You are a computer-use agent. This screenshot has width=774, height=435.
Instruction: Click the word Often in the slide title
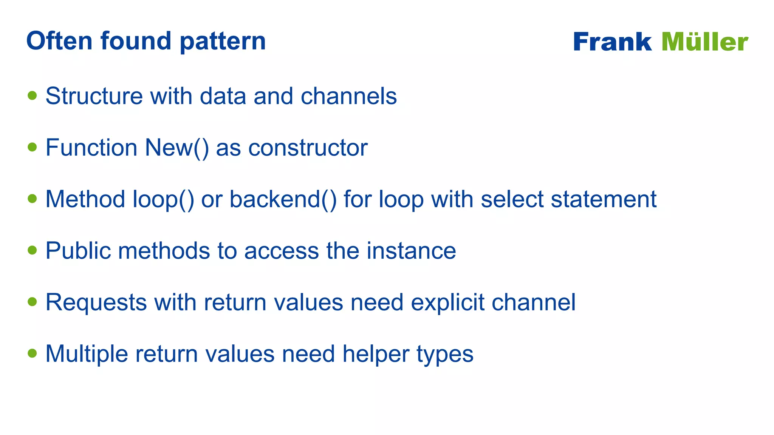pyautogui.click(x=59, y=41)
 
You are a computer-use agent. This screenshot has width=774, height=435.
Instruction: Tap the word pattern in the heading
pyautogui.click(x=223, y=42)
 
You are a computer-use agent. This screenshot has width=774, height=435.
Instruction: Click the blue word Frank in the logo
pyautogui.click(x=612, y=42)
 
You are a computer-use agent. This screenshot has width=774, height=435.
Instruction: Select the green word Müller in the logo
pyautogui.click(x=705, y=42)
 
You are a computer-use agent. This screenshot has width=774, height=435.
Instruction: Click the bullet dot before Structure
pyautogui.click(x=33, y=95)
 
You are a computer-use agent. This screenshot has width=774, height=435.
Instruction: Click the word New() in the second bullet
pyautogui.click(x=176, y=148)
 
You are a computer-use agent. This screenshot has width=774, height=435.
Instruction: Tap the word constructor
pyautogui.click(x=308, y=148)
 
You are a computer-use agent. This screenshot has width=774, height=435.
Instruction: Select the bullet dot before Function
pyautogui.click(x=33, y=147)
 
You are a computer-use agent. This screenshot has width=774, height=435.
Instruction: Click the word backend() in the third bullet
pyautogui.click(x=283, y=199)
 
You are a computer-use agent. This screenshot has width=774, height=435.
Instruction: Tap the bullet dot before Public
pyautogui.click(x=33, y=250)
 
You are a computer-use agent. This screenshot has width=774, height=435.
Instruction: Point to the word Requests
pyautogui.click(x=96, y=302)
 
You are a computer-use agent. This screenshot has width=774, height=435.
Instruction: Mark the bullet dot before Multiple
pyautogui.click(x=33, y=353)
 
